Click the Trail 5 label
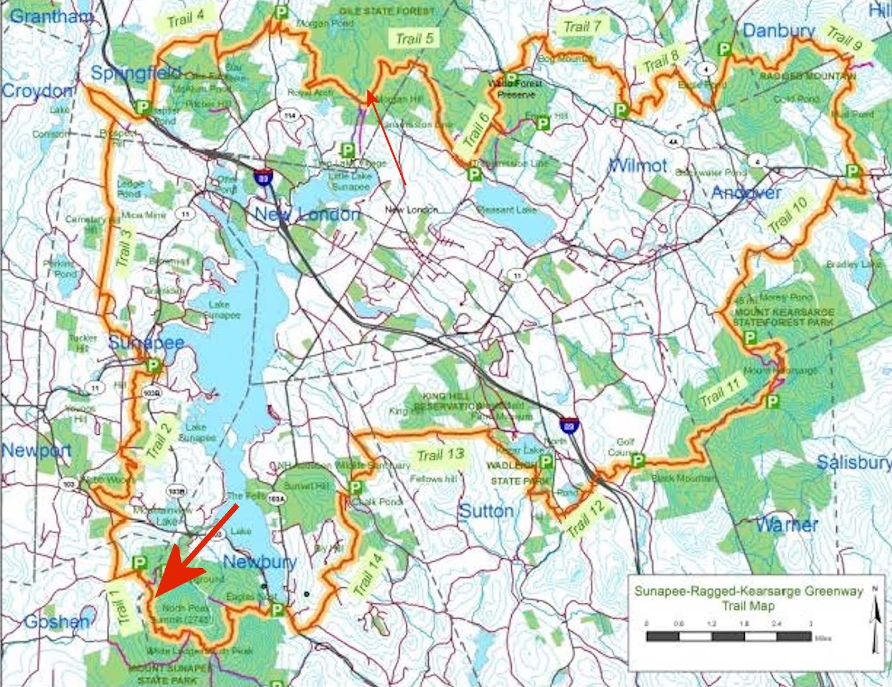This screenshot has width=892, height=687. [414, 38]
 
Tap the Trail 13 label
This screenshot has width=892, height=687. [440, 454]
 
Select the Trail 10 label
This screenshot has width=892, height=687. [787, 216]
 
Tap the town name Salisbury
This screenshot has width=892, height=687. [854, 462]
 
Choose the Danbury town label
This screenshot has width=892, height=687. [779, 31]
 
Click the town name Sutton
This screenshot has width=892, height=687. [486, 511]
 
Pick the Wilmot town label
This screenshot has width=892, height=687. [638, 165]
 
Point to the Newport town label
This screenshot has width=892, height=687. [36, 450]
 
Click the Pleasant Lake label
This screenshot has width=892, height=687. [507, 210]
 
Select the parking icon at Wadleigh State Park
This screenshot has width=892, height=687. [546, 461]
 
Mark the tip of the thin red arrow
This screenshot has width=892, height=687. [367, 93]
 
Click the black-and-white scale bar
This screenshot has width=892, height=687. [729, 636]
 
